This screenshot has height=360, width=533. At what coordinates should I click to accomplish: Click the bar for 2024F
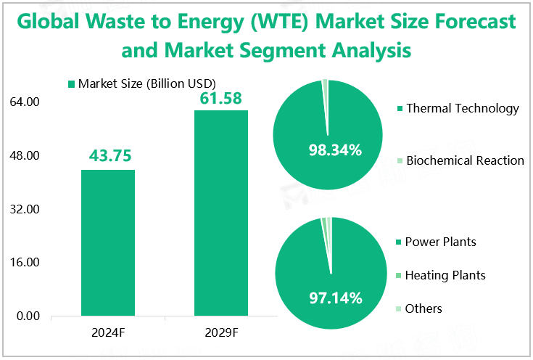pyautogui.click(x=108, y=242)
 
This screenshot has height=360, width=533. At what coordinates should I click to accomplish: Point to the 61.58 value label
pyautogui.click(x=221, y=97)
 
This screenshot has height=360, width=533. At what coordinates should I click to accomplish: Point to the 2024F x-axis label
pyautogui.click(x=108, y=332)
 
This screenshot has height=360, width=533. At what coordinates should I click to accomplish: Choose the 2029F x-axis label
pyautogui.click(x=221, y=332)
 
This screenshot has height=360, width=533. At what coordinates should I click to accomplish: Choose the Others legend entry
pyautogui.click(x=423, y=308)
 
